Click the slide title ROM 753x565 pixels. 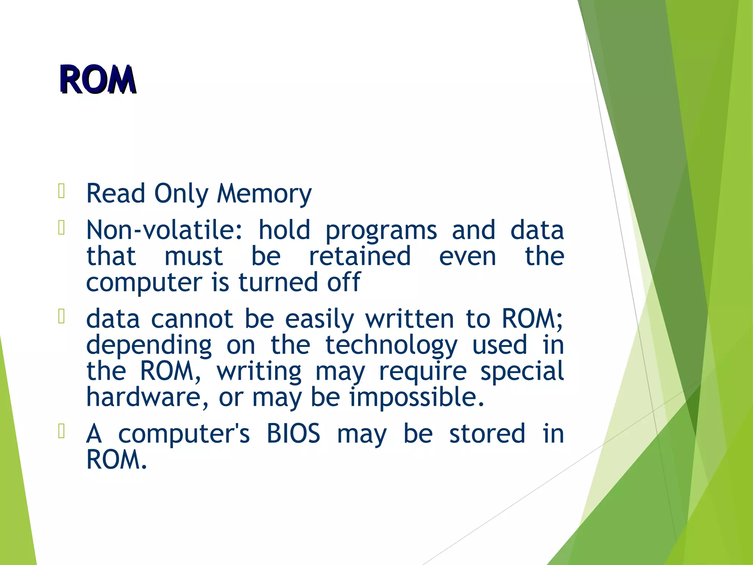point(98,79)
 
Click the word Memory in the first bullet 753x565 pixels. point(264,194)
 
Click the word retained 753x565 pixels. point(360,256)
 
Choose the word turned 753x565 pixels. point(278,282)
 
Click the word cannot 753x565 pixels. point(192,319)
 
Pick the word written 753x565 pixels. point(410,319)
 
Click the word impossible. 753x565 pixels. point(417,397)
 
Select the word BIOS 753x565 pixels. point(293,433)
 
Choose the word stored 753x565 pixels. point(487,433)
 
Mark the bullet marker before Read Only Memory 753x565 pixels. point(61,191)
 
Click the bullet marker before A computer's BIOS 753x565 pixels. point(61,431)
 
